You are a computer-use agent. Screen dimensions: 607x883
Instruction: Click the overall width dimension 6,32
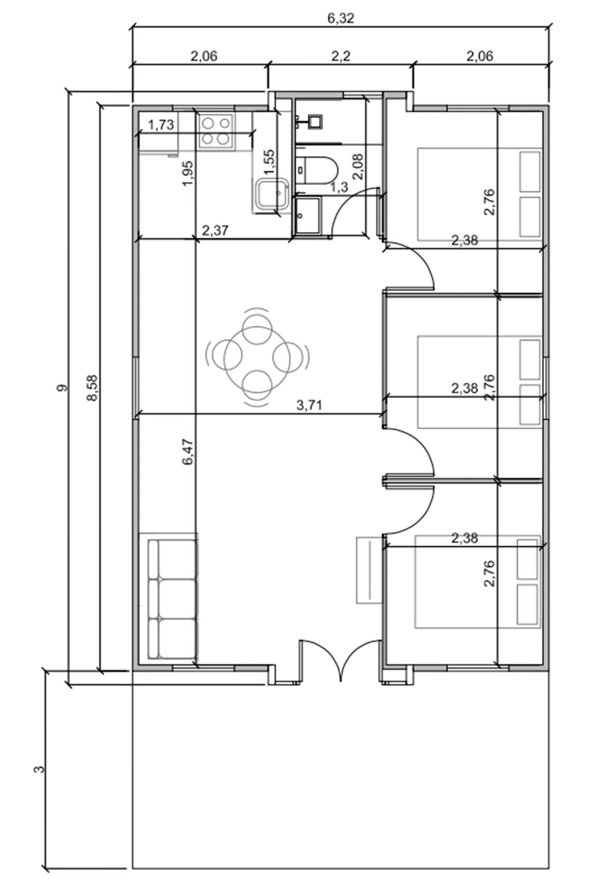[341, 18]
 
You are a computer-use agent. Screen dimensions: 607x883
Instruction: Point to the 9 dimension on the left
[62, 388]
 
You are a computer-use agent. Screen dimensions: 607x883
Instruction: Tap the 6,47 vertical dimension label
[188, 452]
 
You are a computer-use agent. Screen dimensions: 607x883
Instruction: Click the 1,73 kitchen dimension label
[161, 125]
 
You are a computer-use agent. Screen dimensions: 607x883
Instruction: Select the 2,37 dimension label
[215, 230]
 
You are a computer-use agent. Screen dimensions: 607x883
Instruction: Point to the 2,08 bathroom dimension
[358, 167]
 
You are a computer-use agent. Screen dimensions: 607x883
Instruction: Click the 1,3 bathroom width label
[339, 188]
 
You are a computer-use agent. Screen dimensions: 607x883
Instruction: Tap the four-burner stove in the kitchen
[216, 130]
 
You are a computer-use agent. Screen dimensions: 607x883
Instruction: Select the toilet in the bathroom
[317, 171]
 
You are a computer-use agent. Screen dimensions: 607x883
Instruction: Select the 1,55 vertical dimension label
[270, 162]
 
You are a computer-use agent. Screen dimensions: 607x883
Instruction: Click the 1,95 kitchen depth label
[188, 173]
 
